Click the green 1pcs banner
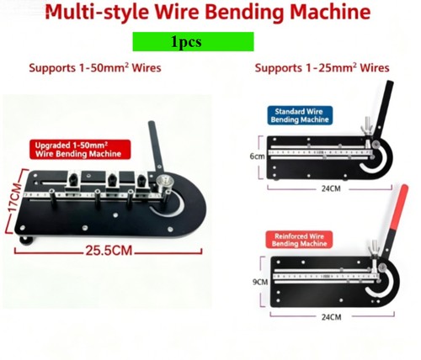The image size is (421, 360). [193, 41]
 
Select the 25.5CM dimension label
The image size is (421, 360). [109, 251]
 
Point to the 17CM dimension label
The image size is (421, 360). [13, 199]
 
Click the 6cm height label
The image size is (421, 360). [257, 156]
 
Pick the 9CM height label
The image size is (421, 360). [260, 282]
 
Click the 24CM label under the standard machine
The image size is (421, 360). [331, 188]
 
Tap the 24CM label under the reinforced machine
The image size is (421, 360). [332, 317]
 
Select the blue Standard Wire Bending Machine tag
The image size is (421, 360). [300, 115]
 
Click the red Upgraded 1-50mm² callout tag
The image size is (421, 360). [80, 150]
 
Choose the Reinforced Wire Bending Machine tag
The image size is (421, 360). [299, 240]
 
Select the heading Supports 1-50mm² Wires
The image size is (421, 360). [95, 68]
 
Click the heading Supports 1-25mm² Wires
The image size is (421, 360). [322, 68]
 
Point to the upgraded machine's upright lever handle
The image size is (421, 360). [156, 146]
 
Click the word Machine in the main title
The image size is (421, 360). [330, 12]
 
